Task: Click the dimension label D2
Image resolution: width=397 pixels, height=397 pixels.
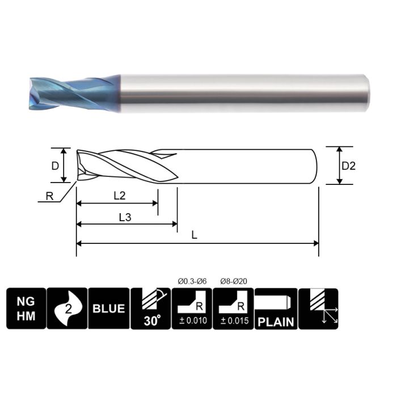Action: pyautogui.click(x=348, y=166)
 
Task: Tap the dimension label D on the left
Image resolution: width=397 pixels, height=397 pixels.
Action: pyautogui.click(x=54, y=166)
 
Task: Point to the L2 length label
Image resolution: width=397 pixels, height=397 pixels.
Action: pyautogui.click(x=119, y=196)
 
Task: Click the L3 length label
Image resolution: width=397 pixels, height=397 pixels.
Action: pyautogui.click(x=126, y=217)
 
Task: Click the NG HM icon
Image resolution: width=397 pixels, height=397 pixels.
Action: pyautogui.click(x=26, y=309)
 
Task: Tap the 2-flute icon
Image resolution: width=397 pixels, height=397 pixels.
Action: pyautogui.click(x=67, y=309)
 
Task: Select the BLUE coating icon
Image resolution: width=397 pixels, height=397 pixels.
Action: pyautogui.click(x=108, y=309)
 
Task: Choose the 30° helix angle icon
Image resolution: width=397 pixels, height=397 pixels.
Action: pyautogui.click(x=150, y=309)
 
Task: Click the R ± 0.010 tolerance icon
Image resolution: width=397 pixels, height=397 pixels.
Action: pyautogui.click(x=191, y=309)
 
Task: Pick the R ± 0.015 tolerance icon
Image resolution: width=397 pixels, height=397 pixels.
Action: pyautogui.click(x=233, y=309)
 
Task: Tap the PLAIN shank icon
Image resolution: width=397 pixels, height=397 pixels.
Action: pyautogui.click(x=276, y=309)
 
